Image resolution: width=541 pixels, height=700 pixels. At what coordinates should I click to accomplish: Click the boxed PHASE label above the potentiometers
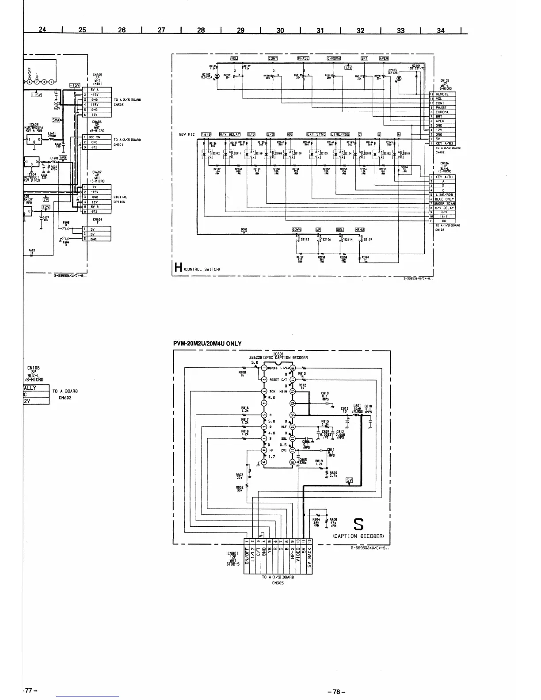coord(303,58)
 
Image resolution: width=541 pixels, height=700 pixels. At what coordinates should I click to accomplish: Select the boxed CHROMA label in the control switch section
coord(333,58)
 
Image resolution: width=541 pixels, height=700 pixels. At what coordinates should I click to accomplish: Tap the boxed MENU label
coord(359,229)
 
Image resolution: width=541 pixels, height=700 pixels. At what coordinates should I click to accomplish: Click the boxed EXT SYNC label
coord(316,134)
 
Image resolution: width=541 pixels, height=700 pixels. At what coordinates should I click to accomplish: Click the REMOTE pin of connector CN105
coord(444,94)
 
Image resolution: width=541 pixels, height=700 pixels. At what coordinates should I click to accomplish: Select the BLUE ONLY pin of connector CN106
coord(444,199)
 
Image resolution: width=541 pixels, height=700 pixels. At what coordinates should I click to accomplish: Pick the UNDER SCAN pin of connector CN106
coord(444,204)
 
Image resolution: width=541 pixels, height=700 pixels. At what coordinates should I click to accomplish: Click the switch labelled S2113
coord(298,239)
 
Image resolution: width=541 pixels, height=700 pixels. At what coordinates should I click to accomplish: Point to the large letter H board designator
coord(179,268)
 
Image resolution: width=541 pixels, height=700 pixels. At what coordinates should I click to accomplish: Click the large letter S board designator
coord(359,525)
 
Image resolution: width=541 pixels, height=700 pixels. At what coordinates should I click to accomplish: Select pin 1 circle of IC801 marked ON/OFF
coord(264,368)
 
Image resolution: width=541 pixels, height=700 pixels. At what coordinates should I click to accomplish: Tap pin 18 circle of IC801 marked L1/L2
coord(293,368)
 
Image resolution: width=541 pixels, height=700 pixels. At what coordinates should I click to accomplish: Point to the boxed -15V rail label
coord(74,85)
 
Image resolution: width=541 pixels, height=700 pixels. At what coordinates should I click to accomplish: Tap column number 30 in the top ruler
coord(280,30)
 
